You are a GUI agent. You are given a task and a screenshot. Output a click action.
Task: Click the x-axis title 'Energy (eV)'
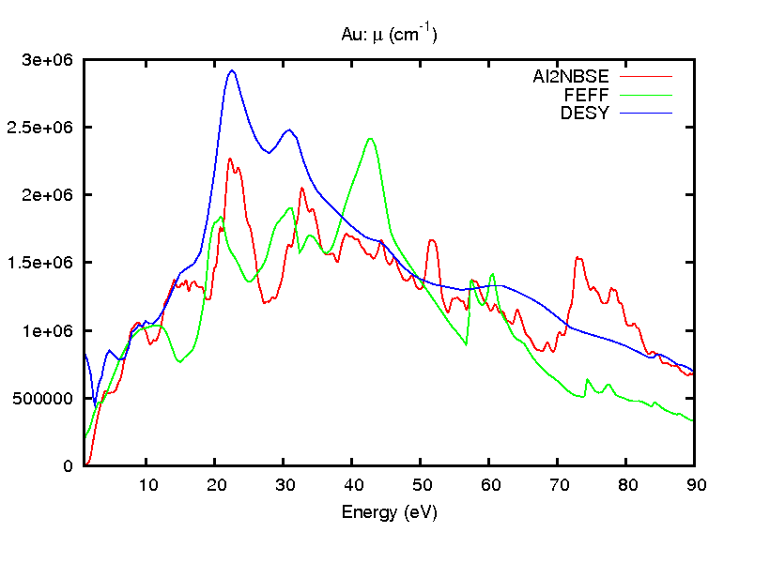pyautogui.click(x=389, y=512)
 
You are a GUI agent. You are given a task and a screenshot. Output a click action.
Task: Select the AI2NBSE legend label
pyautogui.click(x=571, y=76)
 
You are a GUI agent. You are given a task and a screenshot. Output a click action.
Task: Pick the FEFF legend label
pyautogui.click(x=587, y=95)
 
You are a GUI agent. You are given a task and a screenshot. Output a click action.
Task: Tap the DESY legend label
pyautogui.click(x=586, y=114)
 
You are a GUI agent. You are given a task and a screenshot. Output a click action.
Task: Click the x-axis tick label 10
pyautogui.click(x=146, y=485)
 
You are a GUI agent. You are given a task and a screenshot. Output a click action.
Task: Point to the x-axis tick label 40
pyautogui.click(x=352, y=485)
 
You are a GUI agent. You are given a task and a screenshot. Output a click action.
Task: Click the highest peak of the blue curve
pyautogui.click(x=232, y=70)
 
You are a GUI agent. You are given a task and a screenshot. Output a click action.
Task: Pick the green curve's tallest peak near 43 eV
pyautogui.click(x=371, y=139)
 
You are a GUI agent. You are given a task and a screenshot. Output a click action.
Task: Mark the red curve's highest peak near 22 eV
pyautogui.click(x=230, y=159)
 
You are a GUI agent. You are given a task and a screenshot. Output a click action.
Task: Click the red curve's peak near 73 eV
pyautogui.click(x=578, y=257)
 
